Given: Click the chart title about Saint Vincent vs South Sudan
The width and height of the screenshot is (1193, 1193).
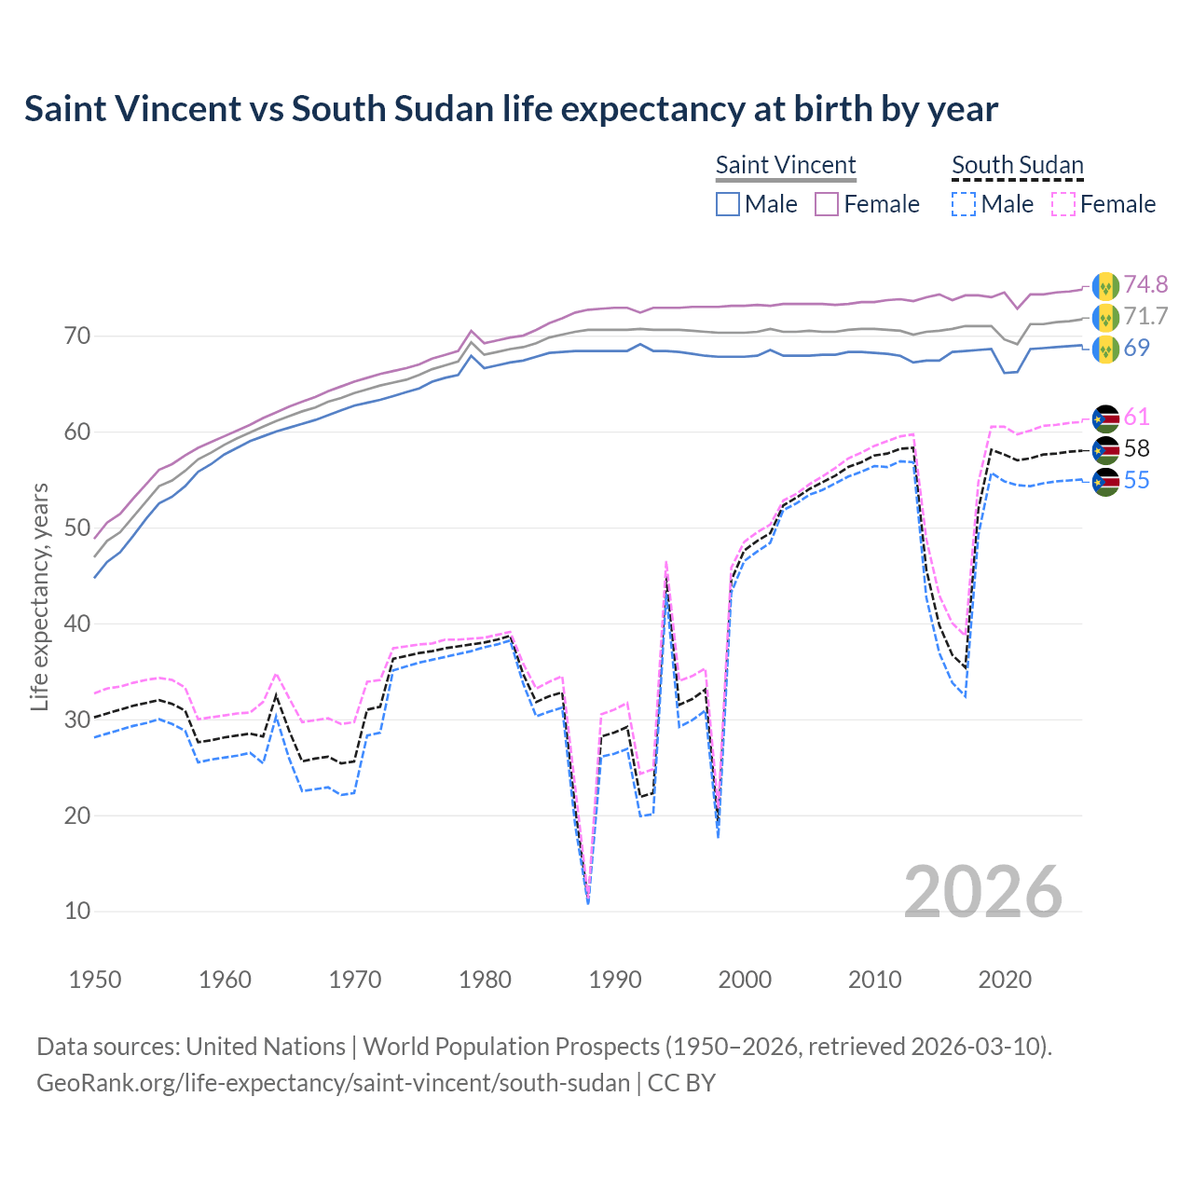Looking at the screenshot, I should pos(511,109).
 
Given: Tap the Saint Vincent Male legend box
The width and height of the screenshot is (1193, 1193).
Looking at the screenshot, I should pos(728,204).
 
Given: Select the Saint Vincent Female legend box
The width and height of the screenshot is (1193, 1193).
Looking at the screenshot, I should pos(827,204).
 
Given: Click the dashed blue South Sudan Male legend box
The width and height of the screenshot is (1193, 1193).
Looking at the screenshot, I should pos(964,204).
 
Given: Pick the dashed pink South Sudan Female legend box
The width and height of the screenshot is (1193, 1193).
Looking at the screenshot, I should pos(1063,204).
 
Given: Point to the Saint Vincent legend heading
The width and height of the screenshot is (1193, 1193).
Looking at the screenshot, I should pos(785,165).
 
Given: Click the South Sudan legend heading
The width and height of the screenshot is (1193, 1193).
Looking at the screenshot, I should pos(1017,165).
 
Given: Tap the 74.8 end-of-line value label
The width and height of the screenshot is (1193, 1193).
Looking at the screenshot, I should pos(1145,284).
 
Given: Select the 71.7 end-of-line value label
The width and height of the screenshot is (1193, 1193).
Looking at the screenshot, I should pos(1145,316).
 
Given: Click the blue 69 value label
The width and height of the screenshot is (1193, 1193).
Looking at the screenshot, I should pos(1136,348).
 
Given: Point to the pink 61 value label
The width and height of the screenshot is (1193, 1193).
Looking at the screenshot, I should pos(1136,417).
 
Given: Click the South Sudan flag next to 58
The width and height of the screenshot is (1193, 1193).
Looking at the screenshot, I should pos(1105,449).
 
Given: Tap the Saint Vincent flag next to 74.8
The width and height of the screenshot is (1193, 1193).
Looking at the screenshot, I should pos(1105,285).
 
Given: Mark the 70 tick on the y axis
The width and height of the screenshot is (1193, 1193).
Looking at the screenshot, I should pos(77,336).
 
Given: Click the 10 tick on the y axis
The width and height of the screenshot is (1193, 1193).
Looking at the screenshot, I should pos(77,911).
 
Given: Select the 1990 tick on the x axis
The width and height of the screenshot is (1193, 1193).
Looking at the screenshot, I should pos(615,980).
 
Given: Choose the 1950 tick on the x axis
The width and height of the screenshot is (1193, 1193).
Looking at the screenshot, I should pos(96,980).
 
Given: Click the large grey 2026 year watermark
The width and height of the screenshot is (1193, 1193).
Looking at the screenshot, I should pos(982,892).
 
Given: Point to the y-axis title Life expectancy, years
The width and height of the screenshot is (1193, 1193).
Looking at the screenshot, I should pos(39,596).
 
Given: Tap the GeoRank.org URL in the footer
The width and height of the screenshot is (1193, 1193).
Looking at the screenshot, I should pos(333,1083).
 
